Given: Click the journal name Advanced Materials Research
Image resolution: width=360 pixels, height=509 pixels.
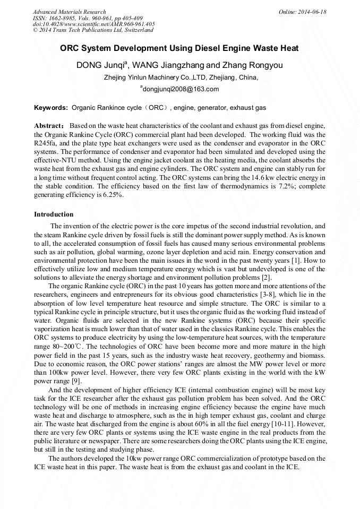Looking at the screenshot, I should [x=69, y=12].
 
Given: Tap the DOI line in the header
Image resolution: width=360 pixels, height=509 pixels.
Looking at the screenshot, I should [x=93, y=24].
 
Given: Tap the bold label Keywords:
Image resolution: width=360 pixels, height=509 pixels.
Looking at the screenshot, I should [x=51, y=108].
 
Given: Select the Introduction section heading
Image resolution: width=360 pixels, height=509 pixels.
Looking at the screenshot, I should [x=54, y=214].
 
